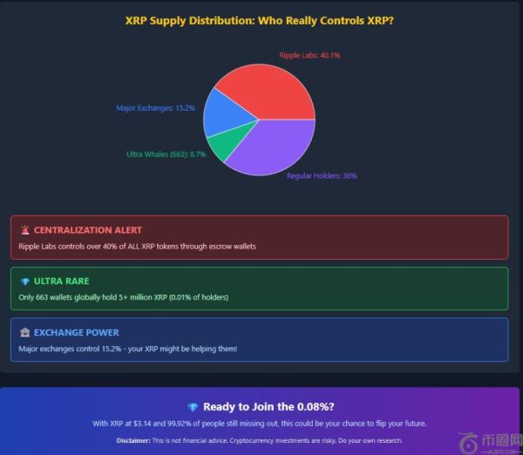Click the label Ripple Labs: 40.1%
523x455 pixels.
(309, 55)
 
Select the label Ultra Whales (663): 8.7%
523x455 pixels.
(166, 154)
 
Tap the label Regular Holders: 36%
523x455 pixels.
(322, 175)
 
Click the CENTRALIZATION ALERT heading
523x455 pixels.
(87, 230)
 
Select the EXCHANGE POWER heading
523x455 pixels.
(77, 332)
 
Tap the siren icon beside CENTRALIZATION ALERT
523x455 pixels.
(24, 230)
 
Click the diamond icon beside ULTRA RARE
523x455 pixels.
(24, 282)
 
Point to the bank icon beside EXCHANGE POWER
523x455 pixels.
(24, 332)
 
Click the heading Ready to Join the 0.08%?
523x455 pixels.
(269, 406)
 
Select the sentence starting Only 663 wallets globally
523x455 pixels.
(123, 297)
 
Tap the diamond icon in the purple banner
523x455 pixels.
(193, 407)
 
